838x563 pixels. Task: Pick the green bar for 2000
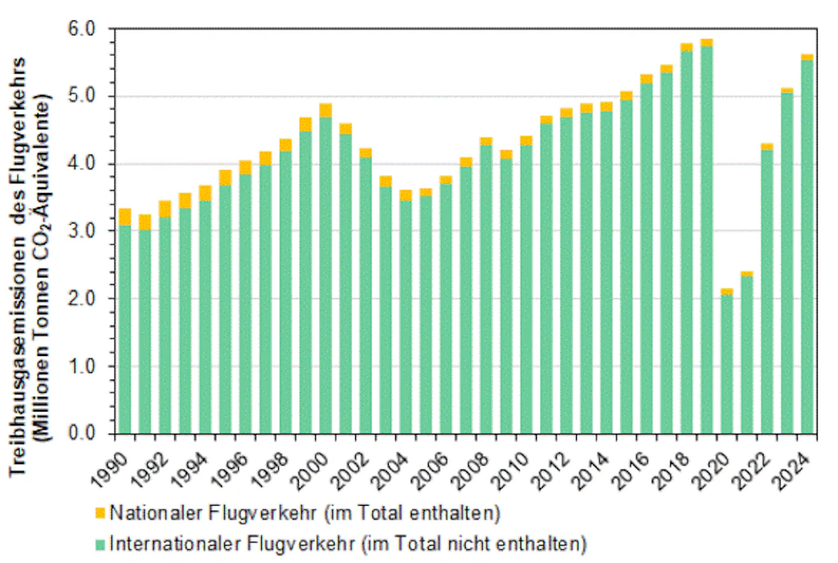pos(325,275)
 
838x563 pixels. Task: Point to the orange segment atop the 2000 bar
pos(325,110)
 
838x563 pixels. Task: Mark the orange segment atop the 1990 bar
pos(125,217)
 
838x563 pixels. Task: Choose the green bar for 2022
pos(767,291)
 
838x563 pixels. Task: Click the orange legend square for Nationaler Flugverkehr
pos(101,513)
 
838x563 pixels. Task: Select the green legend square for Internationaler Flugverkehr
pos(101,542)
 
